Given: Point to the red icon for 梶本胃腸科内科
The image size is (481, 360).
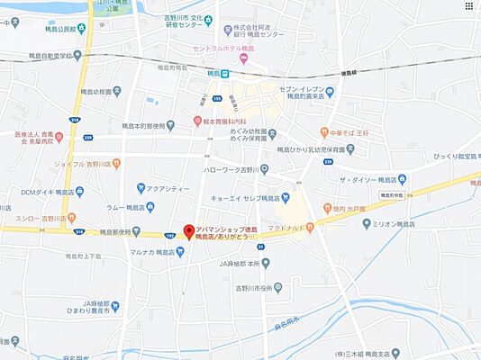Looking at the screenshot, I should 196,120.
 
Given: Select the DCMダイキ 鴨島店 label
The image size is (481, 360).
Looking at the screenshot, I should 44,191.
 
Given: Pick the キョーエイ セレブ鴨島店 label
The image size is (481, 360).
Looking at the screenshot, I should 246,197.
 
